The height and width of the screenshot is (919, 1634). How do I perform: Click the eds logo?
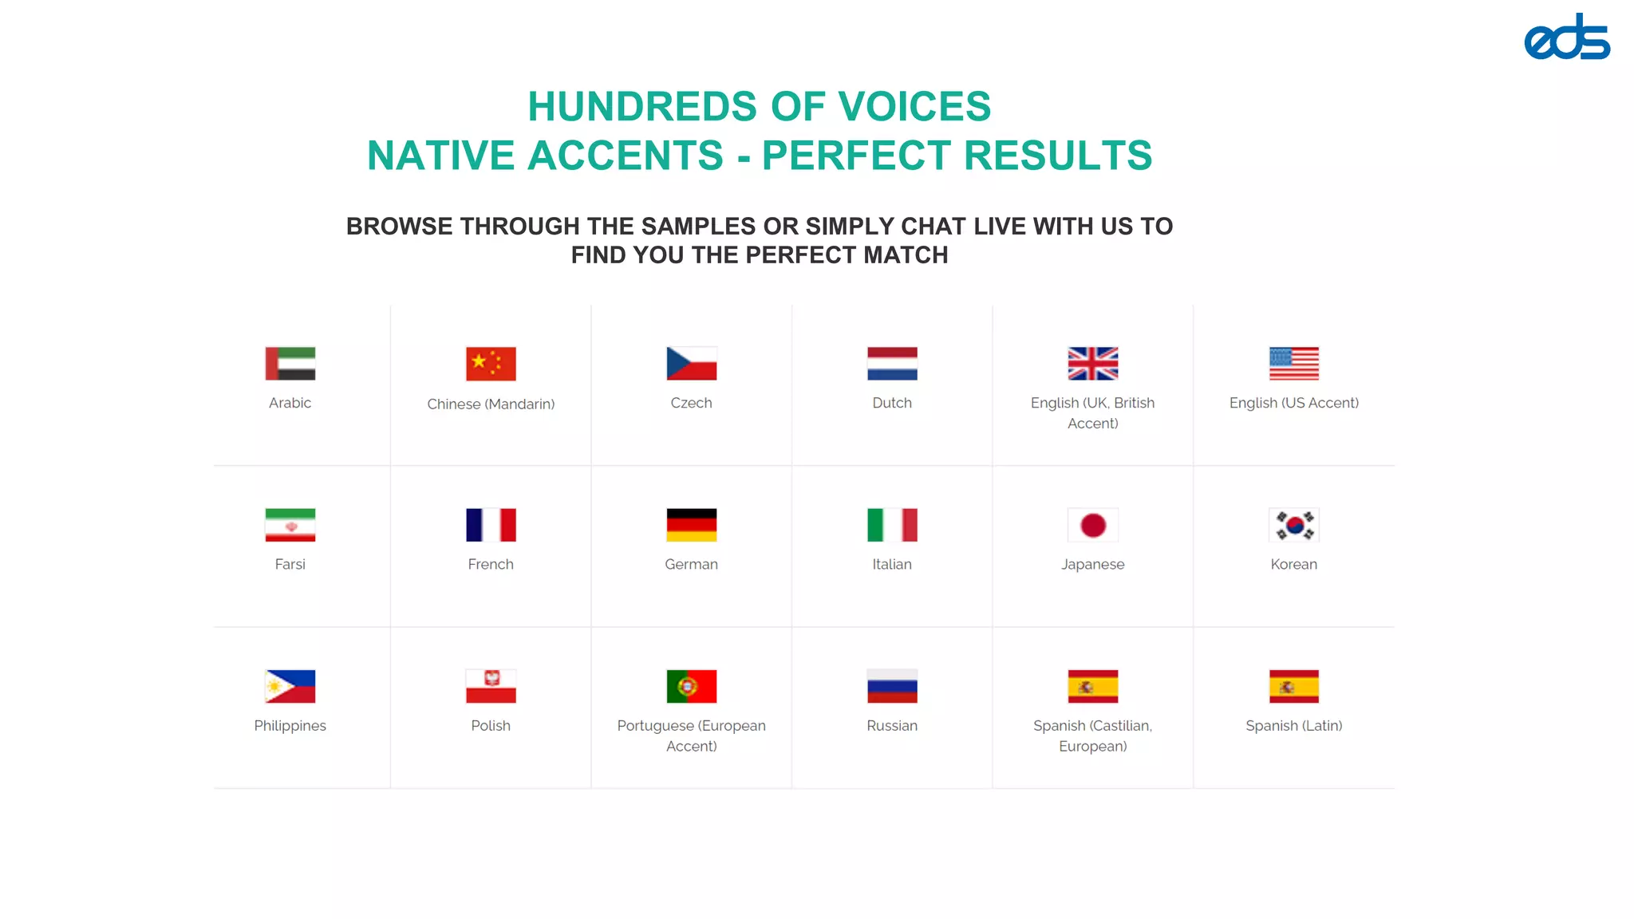(1566, 37)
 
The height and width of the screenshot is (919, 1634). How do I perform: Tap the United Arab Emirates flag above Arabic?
(290, 364)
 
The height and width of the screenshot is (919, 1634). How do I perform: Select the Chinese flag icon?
(491, 364)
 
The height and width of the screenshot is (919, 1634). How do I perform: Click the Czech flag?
(692, 364)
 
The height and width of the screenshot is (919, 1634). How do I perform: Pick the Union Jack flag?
(1093, 364)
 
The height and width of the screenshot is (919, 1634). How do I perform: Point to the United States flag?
(1294, 364)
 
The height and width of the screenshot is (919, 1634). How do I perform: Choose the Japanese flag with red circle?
(1093, 525)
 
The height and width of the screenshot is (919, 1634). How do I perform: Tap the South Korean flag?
(1294, 525)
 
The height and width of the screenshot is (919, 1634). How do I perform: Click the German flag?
(692, 525)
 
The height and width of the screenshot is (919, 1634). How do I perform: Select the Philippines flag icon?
(290, 686)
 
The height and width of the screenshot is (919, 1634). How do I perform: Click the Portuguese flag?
(692, 686)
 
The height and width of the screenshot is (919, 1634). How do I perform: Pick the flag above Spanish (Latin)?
(1294, 686)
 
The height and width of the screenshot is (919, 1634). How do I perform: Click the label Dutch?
(892, 403)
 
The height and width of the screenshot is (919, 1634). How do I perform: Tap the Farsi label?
(290, 564)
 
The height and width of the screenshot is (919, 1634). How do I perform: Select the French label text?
(491, 564)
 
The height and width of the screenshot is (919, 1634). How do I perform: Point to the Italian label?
(892, 564)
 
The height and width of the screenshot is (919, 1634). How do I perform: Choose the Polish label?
(491, 725)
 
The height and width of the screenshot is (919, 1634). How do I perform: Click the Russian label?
(892, 725)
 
